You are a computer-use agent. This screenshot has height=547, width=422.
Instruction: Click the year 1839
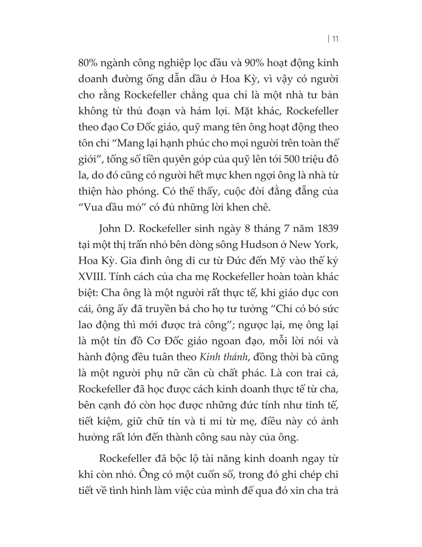pyautogui.click(x=325, y=229)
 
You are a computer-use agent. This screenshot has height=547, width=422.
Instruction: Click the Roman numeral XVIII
pyautogui.click(x=89, y=277)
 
